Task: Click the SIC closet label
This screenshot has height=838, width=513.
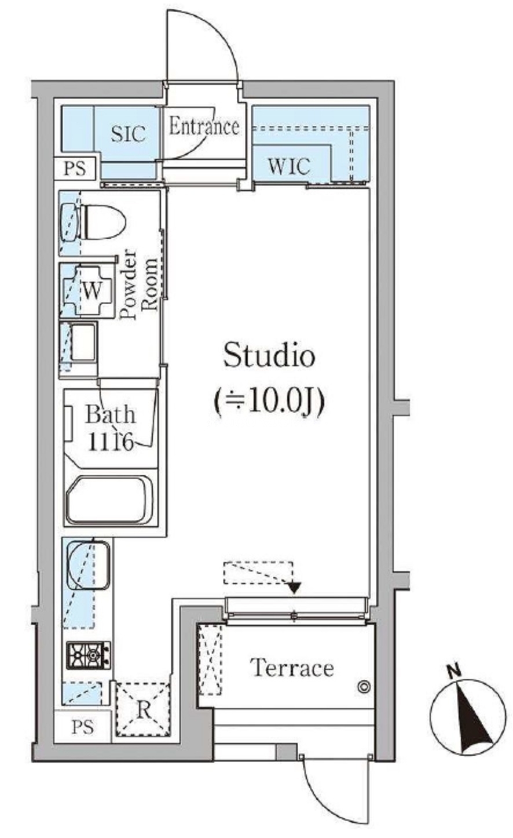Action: tap(128, 133)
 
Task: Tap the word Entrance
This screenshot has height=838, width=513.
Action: tap(204, 126)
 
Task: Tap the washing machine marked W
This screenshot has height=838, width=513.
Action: tap(87, 291)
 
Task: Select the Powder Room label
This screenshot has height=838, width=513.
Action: tap(140, 284)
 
